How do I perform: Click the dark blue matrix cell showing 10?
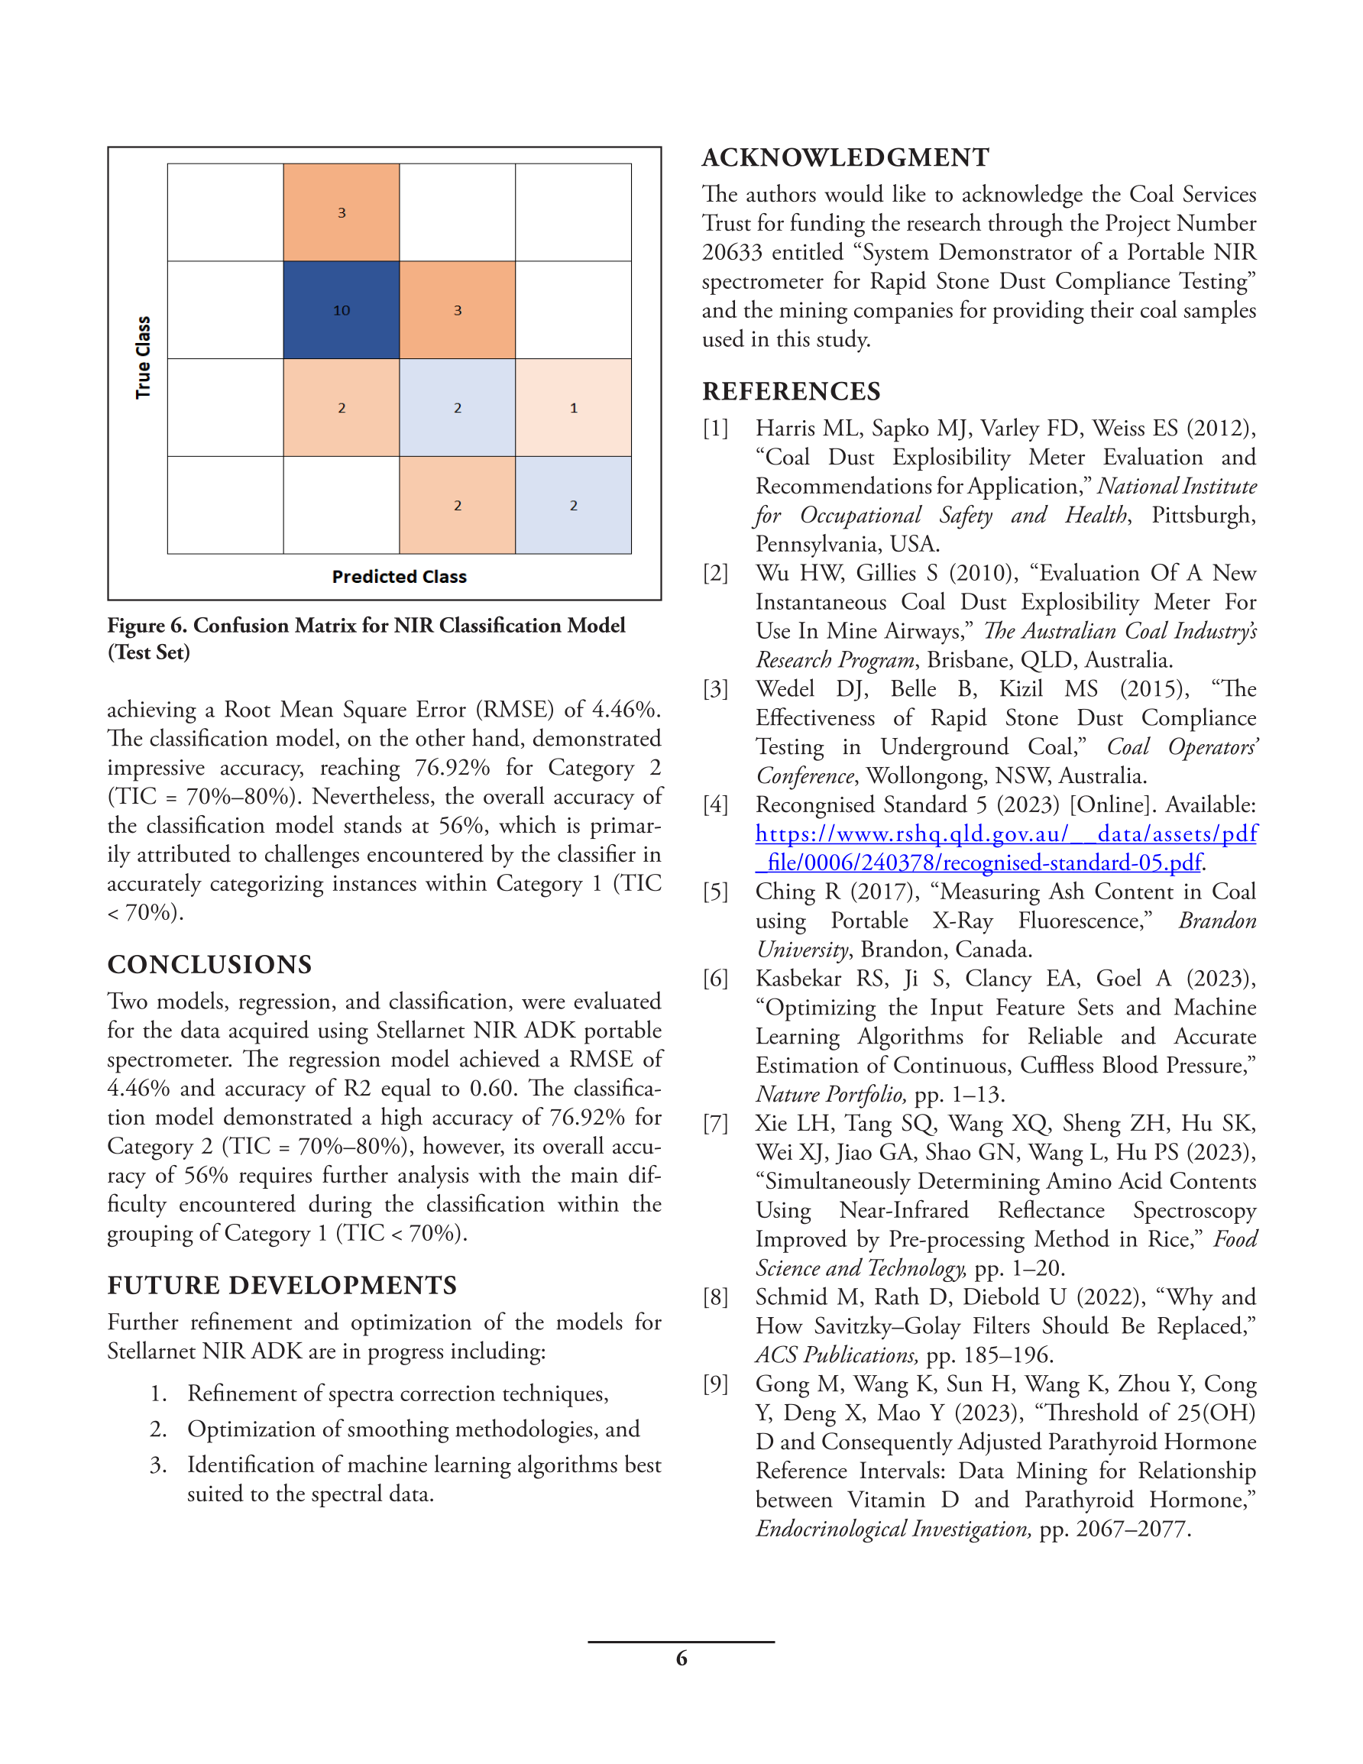click(x=341, y=310)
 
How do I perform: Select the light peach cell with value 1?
click(x=573, y=408)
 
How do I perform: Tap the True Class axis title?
click(x=143, y=358)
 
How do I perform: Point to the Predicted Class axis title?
click(x=399, y=577)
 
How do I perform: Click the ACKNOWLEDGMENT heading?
click(x=845, y=157)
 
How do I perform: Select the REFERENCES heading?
click(x=791, y=392)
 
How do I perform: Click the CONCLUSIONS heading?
click(x=209, y=964)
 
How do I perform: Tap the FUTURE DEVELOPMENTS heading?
click(x=282, y=1286)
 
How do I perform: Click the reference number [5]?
click(x=715, y=892)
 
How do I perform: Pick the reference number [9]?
click(x=715, y=1384)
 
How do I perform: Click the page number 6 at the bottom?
click(x=681, y=1659)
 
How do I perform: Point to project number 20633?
click(x=732, y=253)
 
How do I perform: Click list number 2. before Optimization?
click(x=158, y=1429)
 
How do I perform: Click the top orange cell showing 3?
click(x=341, y=212)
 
